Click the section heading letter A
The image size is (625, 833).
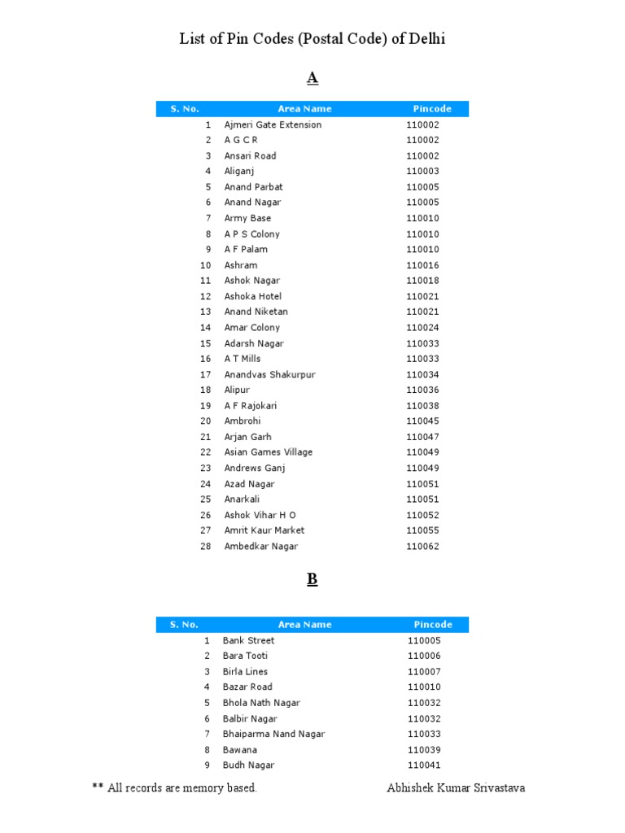click(312, 78)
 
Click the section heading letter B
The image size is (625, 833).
click(312, 579)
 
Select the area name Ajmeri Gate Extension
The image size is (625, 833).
click(273, 124)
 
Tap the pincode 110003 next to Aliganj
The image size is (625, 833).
click(422, 172)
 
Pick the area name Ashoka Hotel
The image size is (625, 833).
click(252, 296)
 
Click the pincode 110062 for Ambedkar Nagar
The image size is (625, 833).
click(422, 547)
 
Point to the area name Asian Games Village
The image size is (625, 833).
click(268, 452)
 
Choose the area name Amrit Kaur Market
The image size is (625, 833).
click(264, 530)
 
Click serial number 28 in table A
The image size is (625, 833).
click(206, 547)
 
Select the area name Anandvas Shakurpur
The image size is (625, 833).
click(269, 374)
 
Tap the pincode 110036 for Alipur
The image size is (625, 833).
click(422, 390)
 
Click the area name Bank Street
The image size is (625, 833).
click(248, 640)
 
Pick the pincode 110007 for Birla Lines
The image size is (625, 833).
click(424, 672)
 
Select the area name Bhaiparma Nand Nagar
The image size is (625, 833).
click(273, 734)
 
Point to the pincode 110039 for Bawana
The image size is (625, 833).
click(424, 750)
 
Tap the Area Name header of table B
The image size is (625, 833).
click(304, 625)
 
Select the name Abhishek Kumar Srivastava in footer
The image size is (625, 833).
click(456, 787)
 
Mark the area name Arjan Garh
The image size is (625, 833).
click(247, 437)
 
